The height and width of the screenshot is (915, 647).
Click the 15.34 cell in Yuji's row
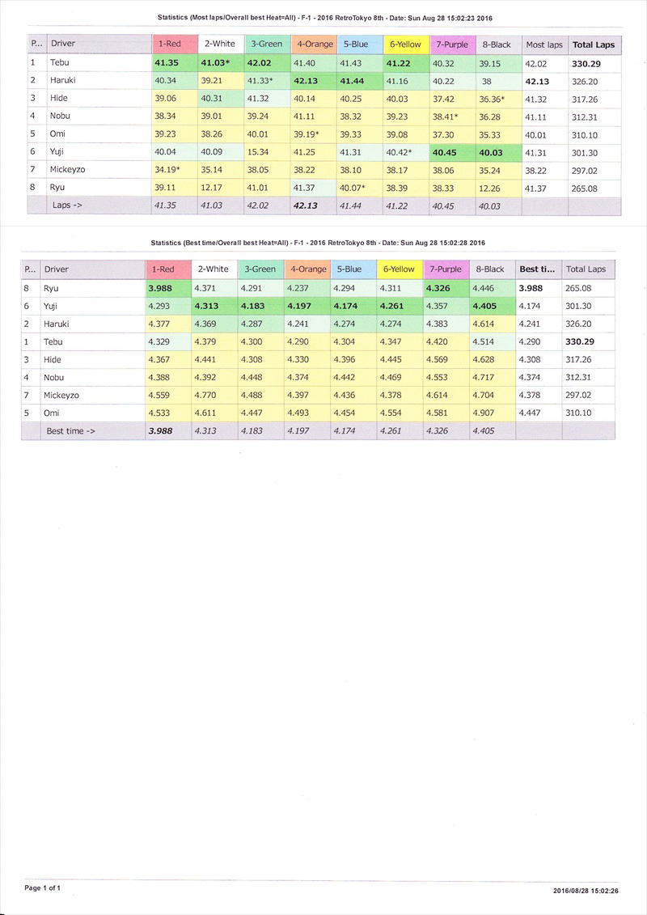(259, 152)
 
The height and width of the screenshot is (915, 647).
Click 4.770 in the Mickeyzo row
(206, 395)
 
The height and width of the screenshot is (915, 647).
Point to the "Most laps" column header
(543, 44)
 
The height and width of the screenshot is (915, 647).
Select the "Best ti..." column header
(537, 269)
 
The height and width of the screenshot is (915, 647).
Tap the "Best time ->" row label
(70, 431)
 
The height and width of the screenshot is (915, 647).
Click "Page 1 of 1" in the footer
(42, 887)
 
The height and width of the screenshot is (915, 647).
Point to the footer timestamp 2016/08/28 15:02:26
(586, 890)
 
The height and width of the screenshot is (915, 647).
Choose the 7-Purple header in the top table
(451, 44)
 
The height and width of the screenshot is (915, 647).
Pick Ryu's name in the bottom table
(52, 288)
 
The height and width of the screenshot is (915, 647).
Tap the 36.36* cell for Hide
(492, 99)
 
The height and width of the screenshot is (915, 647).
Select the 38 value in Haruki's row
(486, 81)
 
